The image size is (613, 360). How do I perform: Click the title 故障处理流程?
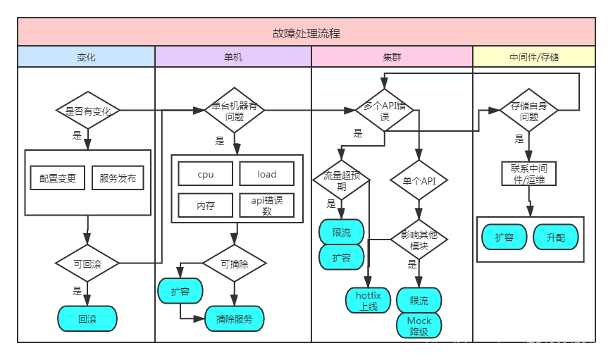(306, 32)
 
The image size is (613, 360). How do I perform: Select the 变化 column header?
(86, 56)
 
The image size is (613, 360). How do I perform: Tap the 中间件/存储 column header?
(533, 56)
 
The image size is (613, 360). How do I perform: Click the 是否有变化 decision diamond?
(87, 111)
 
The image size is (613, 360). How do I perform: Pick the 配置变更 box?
(58, 178)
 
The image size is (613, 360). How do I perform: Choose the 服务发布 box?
(118, 178)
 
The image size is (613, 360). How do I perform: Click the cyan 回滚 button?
(87, 318)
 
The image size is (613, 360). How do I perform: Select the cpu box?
(205, 174)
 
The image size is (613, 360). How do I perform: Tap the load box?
(266, 174)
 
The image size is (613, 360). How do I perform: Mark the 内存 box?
(205, 206)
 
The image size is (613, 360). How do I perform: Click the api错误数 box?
(266, 206)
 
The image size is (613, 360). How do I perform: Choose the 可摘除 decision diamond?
(235, 263)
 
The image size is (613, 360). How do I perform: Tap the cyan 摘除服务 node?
(235, 318)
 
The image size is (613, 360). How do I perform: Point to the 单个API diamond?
(419, 181)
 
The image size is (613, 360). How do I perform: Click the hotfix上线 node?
(369, 301)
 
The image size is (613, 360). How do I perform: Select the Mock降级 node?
(419, 325)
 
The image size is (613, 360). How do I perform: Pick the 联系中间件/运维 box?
(528, 173)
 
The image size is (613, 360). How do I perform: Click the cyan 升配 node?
(555, 237)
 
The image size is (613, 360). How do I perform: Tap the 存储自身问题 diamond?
(528, 111)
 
